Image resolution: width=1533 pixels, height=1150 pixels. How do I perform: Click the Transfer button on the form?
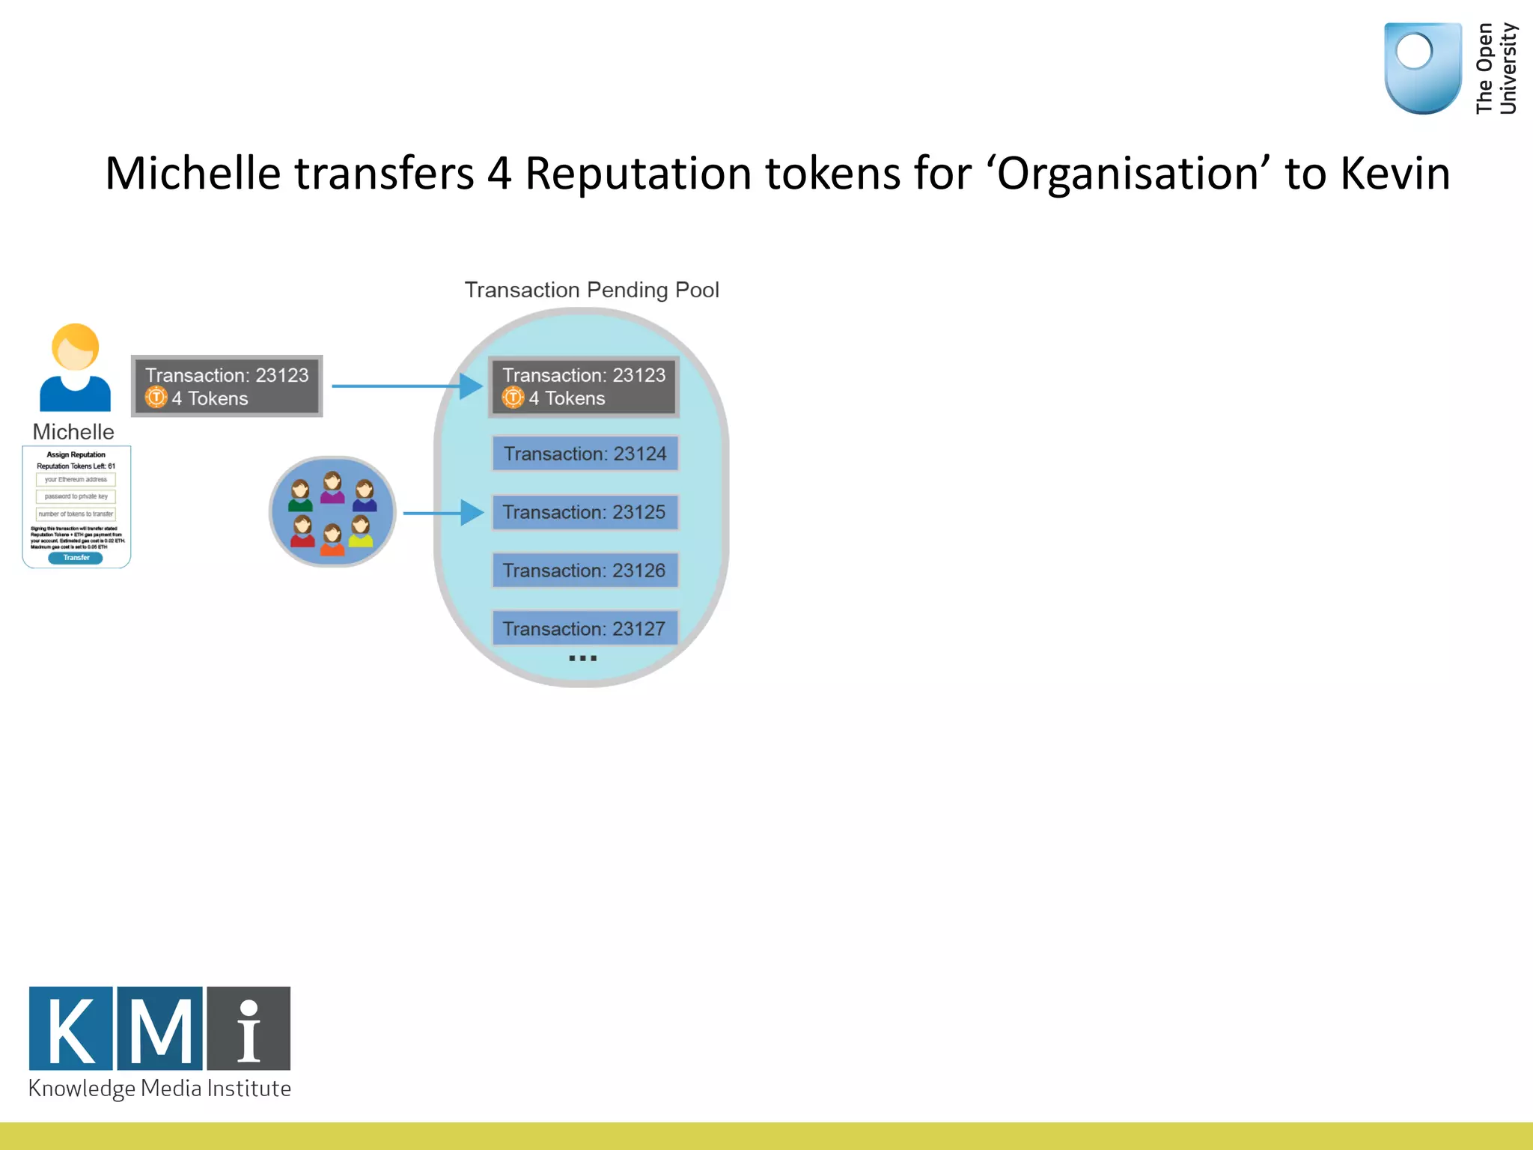[x=76, y=558]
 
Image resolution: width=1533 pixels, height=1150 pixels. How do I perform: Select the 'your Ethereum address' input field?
[x=76, y=479]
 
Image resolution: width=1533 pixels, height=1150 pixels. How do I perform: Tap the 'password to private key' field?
[x=76, y=496]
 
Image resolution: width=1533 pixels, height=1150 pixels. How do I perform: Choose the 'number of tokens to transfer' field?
[x=76, y=514]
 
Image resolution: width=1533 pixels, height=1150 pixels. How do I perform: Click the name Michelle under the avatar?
[x=73, y=432]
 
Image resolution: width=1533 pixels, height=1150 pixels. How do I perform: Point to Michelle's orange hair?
[x=76, y=341]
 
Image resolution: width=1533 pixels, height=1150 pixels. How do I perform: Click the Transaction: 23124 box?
[x=585, y=454]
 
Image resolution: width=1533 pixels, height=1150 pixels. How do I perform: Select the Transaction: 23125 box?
[x=585, y=512]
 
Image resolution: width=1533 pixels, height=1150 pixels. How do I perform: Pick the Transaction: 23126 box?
[x=585, y=571]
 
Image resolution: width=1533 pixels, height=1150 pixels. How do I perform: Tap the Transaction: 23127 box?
[x=585, y=629]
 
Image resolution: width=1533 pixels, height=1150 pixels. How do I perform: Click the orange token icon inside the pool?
[x=513, y=398]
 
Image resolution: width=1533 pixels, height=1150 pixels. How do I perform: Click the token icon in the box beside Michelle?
[x=156, y=398]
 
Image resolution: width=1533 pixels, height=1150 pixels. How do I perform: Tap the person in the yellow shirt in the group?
[x=361, y=531]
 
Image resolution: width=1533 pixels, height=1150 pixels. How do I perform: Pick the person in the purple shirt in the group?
[x=332, y=488]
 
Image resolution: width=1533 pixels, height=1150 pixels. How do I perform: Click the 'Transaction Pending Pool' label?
[x=591, y=290]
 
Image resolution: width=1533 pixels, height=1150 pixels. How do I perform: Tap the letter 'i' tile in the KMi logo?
[x=249, y=1028]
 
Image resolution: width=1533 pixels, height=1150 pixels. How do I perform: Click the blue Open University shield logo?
[x=1421, y=67]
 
